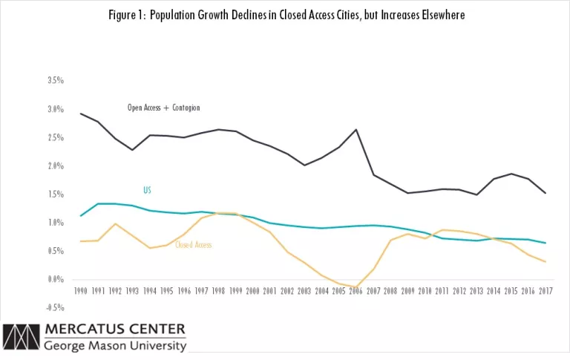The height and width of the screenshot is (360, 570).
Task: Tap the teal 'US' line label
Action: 147,191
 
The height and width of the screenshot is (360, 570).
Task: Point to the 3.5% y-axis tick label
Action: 55,80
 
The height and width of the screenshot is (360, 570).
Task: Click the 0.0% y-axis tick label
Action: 55,280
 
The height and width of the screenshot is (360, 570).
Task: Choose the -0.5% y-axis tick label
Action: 54,308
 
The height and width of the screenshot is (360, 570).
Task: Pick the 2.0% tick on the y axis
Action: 55,166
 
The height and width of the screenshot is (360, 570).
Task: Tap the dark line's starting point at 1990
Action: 81,114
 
